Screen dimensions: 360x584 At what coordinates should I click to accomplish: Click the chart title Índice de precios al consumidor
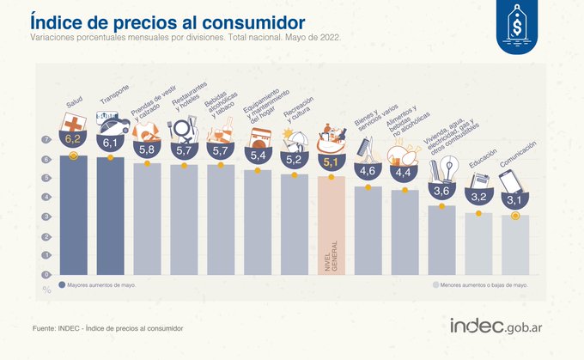pos(171,21)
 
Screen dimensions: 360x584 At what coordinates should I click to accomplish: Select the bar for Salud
pos(73,215)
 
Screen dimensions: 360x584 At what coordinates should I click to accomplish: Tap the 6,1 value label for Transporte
pos(110,143)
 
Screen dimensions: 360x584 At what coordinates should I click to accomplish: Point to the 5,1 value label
pos(331,161)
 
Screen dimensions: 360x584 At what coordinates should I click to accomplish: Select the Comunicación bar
pos(515,245)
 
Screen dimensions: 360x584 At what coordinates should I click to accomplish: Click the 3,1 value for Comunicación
pos(515,199)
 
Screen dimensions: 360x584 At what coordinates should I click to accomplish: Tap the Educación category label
pos(483,161)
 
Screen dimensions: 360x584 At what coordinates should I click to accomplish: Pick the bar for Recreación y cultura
pos(295,223)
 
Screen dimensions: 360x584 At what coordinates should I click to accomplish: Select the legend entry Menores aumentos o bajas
pos(477,284)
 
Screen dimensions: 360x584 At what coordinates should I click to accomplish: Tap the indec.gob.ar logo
pos(501,326)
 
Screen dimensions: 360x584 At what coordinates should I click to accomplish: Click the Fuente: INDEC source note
pos(107,328)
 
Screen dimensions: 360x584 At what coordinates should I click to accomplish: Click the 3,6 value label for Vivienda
pos(441,190)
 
